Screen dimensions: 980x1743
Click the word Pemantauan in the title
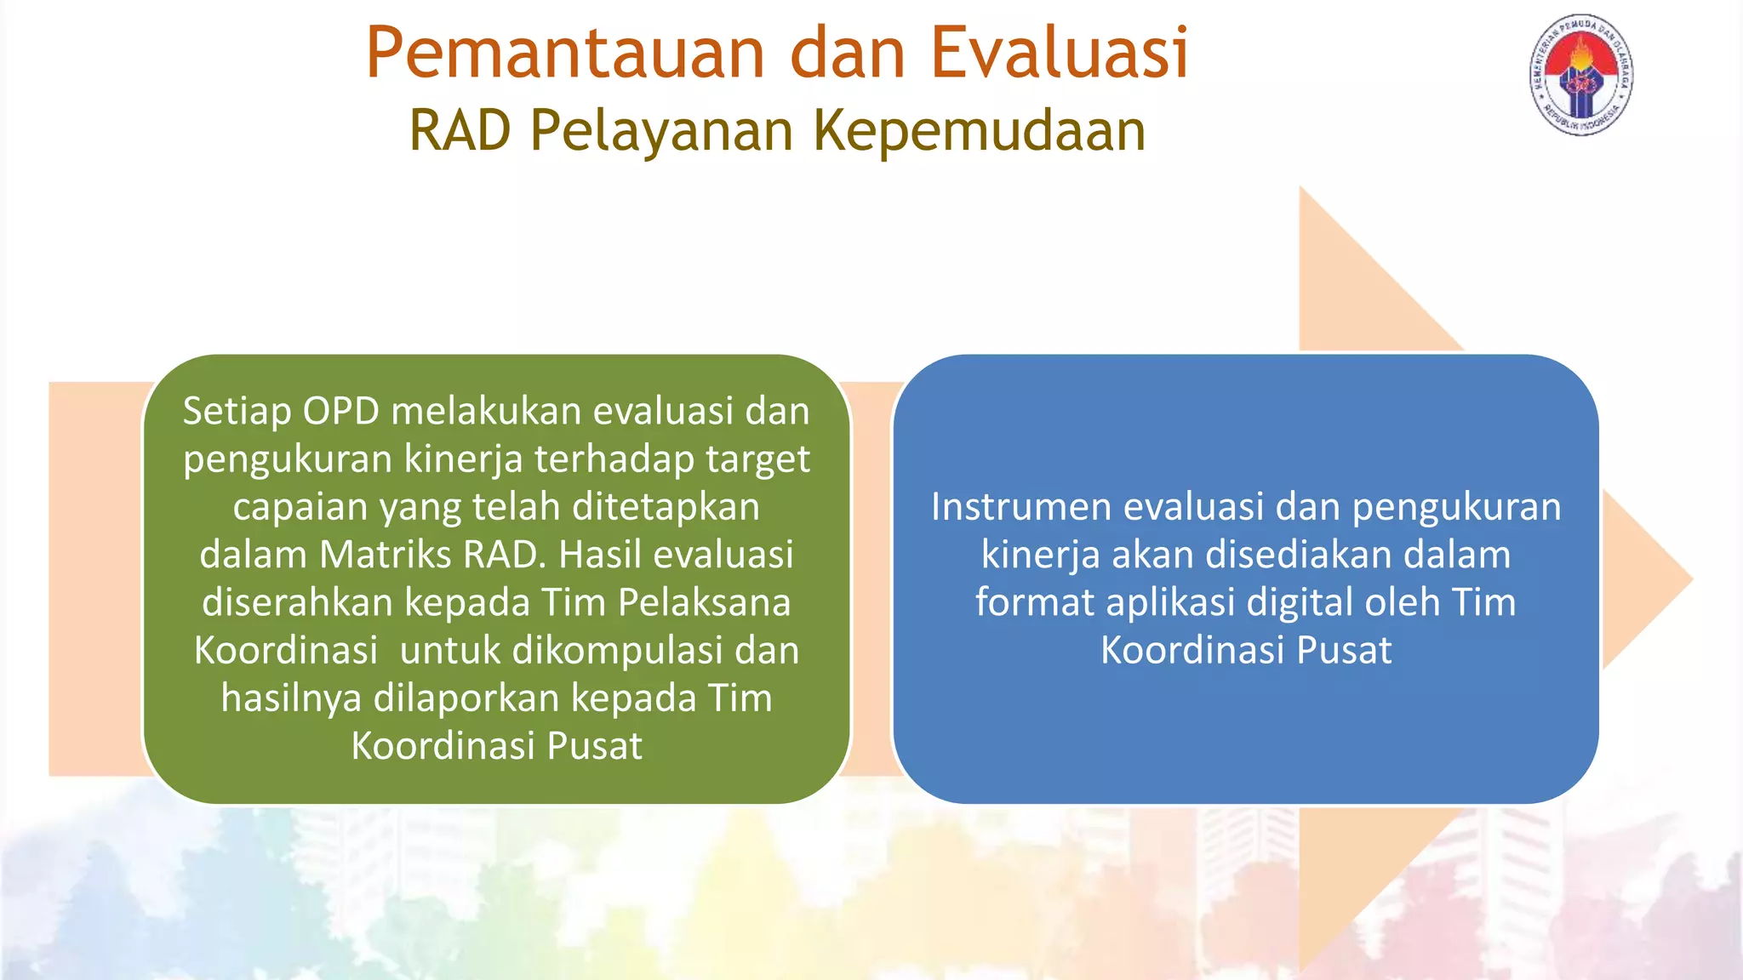tap(567, 54)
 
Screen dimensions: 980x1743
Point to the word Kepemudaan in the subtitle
tap(980, 133)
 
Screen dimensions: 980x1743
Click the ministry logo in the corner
tap(1580, 75)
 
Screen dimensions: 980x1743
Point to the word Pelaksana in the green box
tap(704, 602)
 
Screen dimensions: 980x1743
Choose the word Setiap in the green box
tap(237, 412)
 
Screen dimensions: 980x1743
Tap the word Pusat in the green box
tap(594, 746)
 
